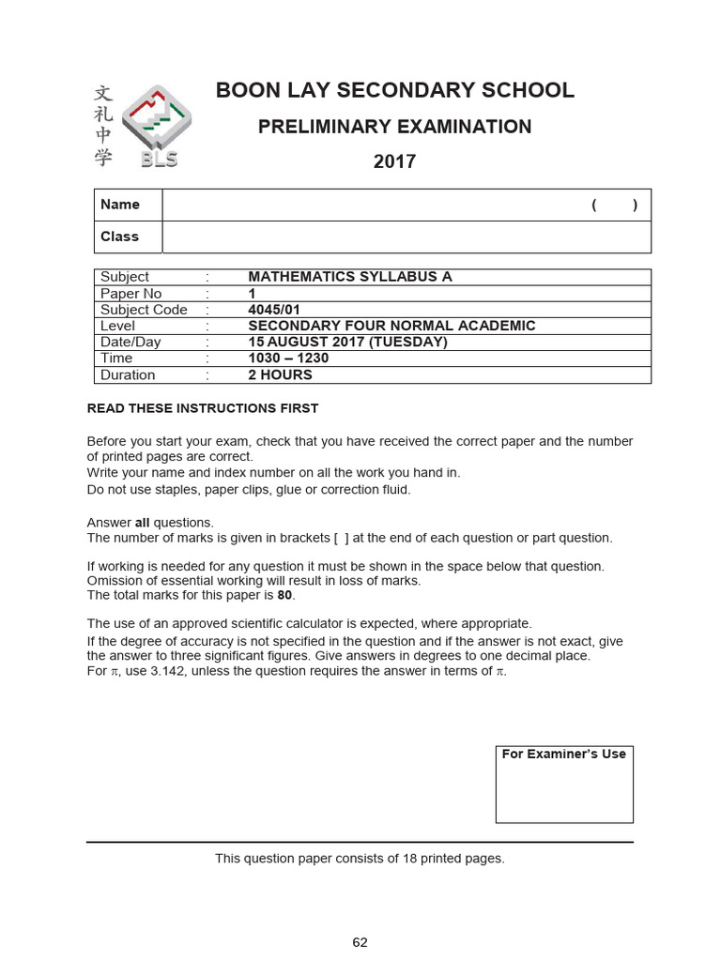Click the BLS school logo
tap(156, 127)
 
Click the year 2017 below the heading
tap(394, 161)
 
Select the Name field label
tap(120, 205)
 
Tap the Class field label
tap(120, 236)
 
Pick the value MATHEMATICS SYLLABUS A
tap(350, 277)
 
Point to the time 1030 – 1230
tap(288, 358)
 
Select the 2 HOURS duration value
tap(280, 374)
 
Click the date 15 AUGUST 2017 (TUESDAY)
tap(347, 342)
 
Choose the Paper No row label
tap(131, 294)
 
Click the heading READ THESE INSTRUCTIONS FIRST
tap(203, 408)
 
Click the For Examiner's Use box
tap(564, 784)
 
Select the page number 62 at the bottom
tap(360, 942)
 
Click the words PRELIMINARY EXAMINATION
tap(395, 127)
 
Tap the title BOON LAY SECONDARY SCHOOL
tap(395, 91)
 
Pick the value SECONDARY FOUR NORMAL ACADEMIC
tap(391, 326)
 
